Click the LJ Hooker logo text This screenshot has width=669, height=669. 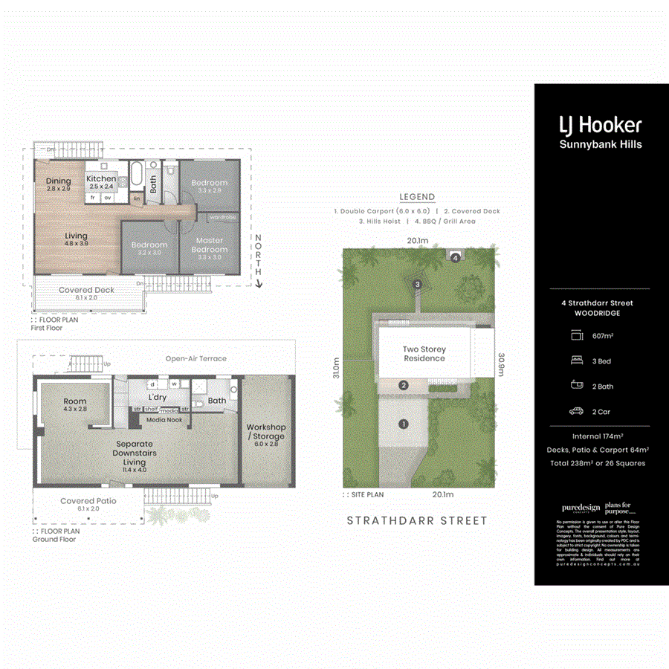[x=600, y=124]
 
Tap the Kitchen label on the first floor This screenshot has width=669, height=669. [x=101, y=179]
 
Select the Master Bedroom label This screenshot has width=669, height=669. [x=210, y=245]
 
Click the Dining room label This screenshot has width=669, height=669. [x=59, y=181]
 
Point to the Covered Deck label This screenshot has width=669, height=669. [x=86, y=290]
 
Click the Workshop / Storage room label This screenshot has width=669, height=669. [x=266, y=432]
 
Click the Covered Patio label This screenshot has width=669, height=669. [x=88, y=501]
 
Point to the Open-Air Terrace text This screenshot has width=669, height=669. [x=196, y=358]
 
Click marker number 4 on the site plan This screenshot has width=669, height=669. [x=455, y=257]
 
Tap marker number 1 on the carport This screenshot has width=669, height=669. [x=404, y=424]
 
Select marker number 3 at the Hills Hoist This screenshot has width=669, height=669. [x=418, y=284]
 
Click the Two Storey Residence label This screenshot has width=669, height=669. [x=424, y=354]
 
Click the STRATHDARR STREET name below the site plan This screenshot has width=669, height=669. [x=417, y=521]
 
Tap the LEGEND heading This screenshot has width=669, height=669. [x=417, y=197]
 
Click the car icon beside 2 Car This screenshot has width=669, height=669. [x=576, y=411]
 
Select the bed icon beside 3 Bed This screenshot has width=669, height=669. [x=576, y=361]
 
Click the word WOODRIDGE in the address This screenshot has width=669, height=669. [x=598, y=313]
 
